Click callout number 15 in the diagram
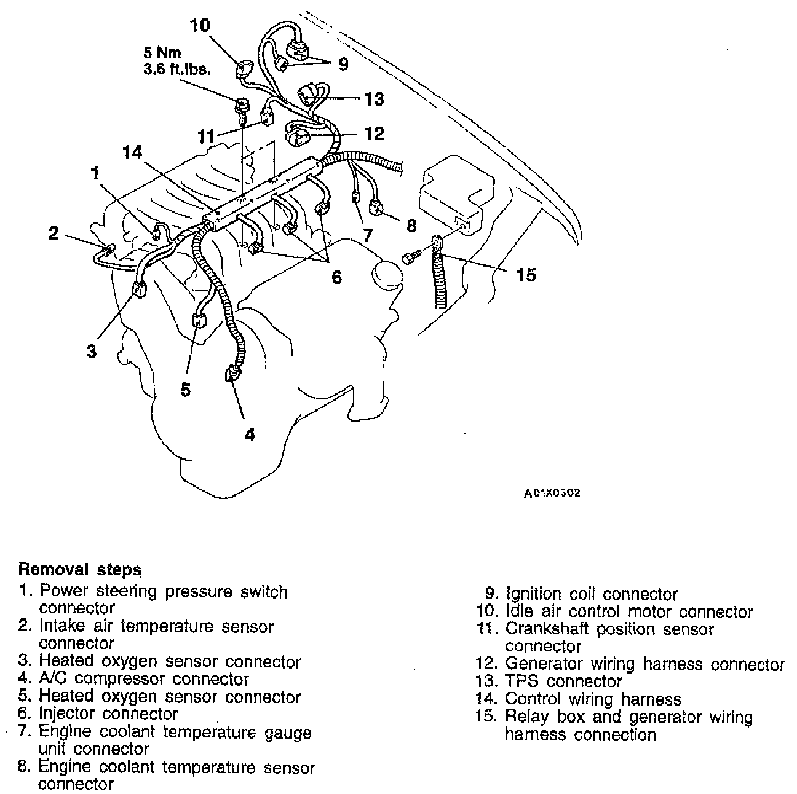[526, 274]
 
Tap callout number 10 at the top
[200, 26]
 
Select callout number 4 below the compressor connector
[249, 434]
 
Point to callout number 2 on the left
[54, 233]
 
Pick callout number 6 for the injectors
[336, 277]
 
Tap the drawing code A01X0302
[552, 493]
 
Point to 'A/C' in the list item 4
[53, 679]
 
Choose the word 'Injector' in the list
[67, 714]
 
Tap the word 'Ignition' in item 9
[530, 594]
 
